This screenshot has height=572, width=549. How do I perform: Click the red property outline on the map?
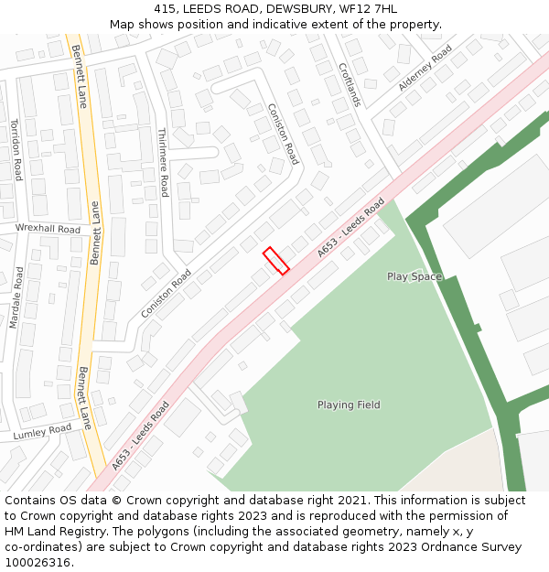coord(275,261)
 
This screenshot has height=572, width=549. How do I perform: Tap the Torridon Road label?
coord(16,150)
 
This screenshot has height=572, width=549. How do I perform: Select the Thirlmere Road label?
coord(163,162)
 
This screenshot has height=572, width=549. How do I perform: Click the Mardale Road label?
coord(16,297)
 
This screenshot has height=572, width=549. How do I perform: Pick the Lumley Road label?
coord(42,432)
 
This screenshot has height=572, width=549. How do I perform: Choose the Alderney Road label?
coord(425,68)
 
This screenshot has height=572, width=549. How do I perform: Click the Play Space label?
coord(414,276)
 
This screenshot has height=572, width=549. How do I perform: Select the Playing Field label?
coord(349,405)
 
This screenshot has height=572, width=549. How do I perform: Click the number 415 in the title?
coord(165,9)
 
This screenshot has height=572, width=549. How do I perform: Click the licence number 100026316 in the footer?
coord(38,563)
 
